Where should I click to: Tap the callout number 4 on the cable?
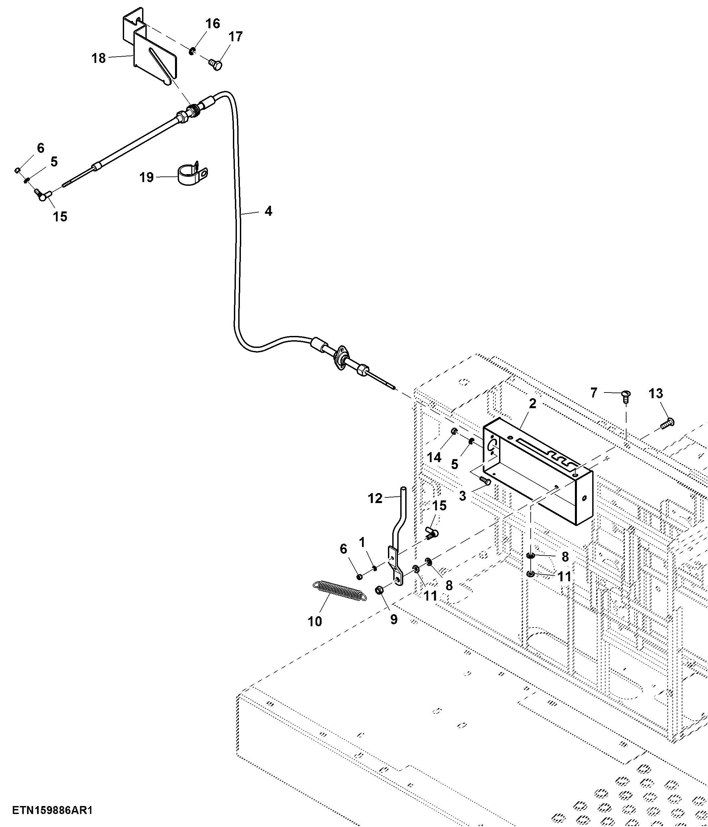268,211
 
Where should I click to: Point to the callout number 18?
99,58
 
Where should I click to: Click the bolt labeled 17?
215,64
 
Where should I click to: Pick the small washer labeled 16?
192,51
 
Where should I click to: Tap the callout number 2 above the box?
533,404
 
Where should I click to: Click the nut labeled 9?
380,590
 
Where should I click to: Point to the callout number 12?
375,498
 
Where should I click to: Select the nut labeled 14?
454,431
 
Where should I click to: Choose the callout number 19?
146,177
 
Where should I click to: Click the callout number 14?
435,457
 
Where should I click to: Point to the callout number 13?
656,394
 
